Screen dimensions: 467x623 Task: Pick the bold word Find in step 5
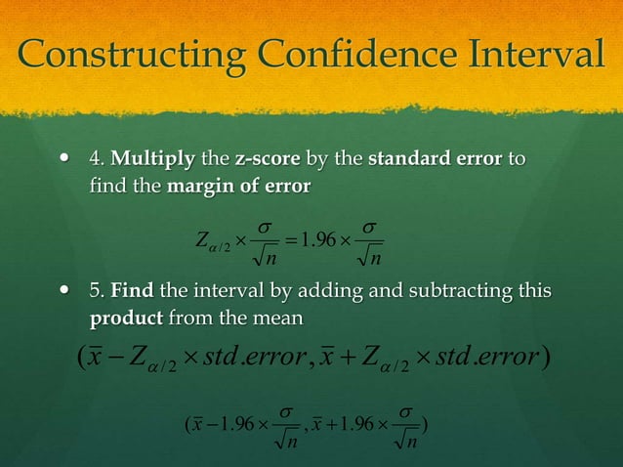(x=130, y=291)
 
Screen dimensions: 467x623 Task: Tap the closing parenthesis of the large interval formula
(x=551, y=359)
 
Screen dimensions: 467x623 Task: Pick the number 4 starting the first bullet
(x=95, y=158)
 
